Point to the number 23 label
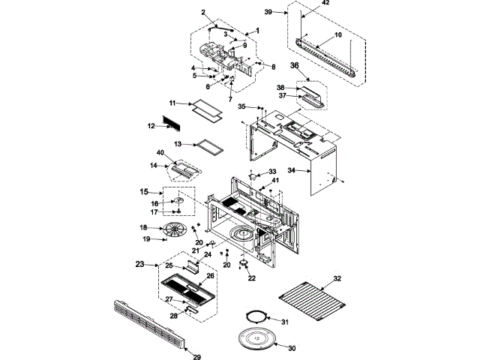[x=139, y=264]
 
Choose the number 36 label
[x=295, y=65]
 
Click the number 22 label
[x=251, y=279]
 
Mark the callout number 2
[x=203, y=13]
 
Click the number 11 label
[x=172, y=102]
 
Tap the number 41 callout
[x=274, y=181]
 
